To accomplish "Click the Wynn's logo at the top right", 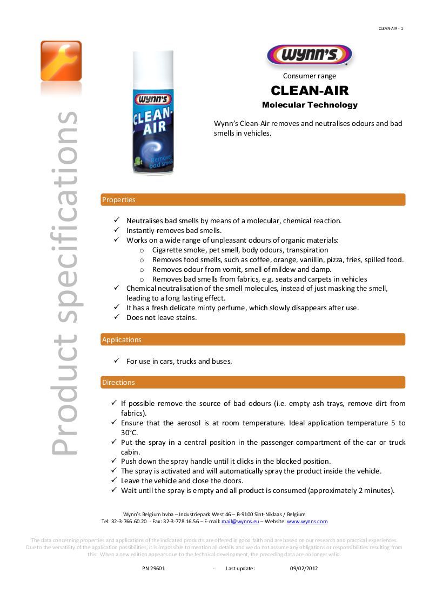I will (309, 55).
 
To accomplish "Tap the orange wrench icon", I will (61, 61).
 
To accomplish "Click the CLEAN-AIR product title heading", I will (310, 90).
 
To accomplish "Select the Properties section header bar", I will (253, 199).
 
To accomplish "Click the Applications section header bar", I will (253, 339).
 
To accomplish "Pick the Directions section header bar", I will (253, 382).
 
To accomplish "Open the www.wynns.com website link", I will (307, 522).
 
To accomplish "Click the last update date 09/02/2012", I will (304, 569).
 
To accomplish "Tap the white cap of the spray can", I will (153, 69).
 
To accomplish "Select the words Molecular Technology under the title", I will (310, 105).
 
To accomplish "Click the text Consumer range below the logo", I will (310, 76).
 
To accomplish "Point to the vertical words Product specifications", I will (64, 281).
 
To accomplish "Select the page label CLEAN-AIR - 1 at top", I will (391, 28).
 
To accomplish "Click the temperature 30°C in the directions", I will (129, 432).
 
